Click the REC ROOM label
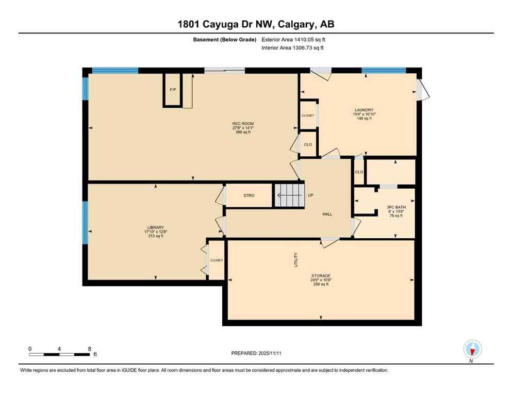[243, 124]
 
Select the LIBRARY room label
[155, 227]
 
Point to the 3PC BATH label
[396, 207]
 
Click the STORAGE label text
[320, 276]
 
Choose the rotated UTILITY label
[296, 260]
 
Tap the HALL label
[327, 214]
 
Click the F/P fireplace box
[173, 90]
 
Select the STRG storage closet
[249, 196]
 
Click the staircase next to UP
[289, 195]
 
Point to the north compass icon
[472, 349]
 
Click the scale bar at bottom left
[60, 354]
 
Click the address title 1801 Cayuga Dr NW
[256, 24]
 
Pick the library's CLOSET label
[217, 260]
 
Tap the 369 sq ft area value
[243, 133]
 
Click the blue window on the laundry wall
[384, 71]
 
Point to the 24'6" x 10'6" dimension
[320, 280]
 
